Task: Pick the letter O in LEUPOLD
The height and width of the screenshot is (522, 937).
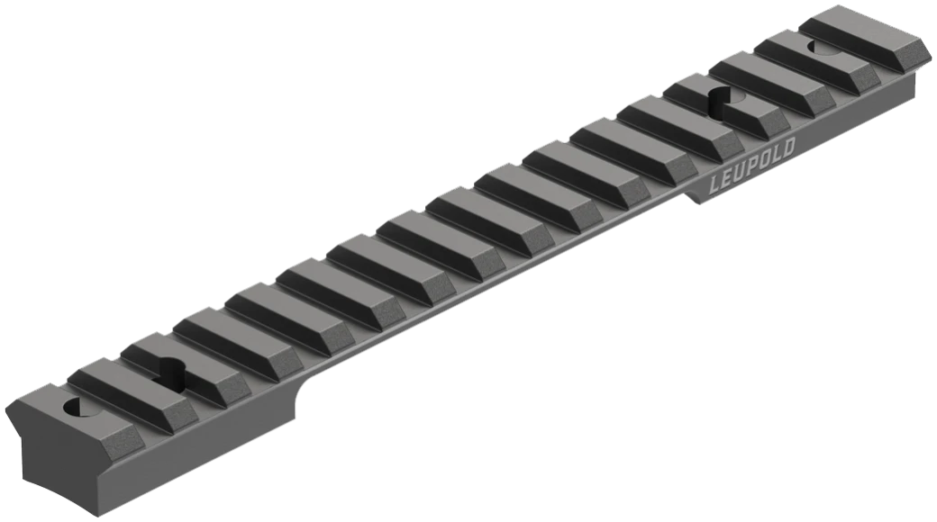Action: point(765,161)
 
